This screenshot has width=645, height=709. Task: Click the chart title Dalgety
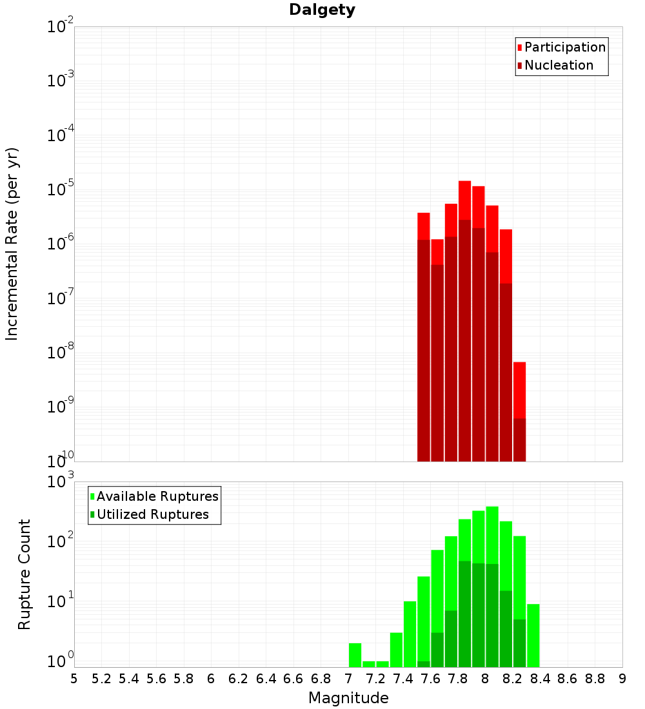coord(322,10)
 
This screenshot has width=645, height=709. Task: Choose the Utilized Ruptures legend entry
coord(152,514)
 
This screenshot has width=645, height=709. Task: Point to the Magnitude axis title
coord(348,698)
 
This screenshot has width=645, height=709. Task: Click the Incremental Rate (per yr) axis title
coord(12,244)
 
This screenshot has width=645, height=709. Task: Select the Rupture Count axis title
coord(25,574)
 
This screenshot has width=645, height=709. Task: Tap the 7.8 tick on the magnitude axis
coord(458,679)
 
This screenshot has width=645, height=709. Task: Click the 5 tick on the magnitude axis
coord(74,679)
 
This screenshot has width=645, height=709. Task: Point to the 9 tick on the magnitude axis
coord(622,679)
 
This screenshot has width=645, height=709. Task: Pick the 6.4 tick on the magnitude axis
coord(266,679)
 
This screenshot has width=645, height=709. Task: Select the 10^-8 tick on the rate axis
coord(61,353)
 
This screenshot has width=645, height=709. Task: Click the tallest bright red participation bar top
coord(464,183)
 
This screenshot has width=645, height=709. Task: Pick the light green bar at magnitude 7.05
coord(355,654)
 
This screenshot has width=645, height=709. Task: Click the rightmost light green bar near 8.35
coord(533,635)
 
